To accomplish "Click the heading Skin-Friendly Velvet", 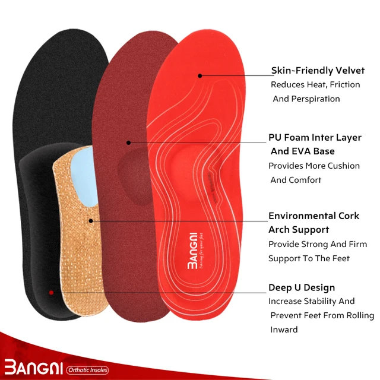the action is pos(318,71).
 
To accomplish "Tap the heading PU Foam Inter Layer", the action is pos(315,137).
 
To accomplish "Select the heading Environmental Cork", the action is pos(314,216).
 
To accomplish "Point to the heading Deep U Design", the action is pos(302,287).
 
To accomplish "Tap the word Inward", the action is pos(284,329).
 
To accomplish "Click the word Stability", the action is pos(325,301).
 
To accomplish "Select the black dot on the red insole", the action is pos(200,75).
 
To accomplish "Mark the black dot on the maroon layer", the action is pos(128,142).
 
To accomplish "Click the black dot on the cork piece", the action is pos(90,221).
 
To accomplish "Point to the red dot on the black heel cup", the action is pos(52,292).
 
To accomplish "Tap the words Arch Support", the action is pos(299,230).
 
